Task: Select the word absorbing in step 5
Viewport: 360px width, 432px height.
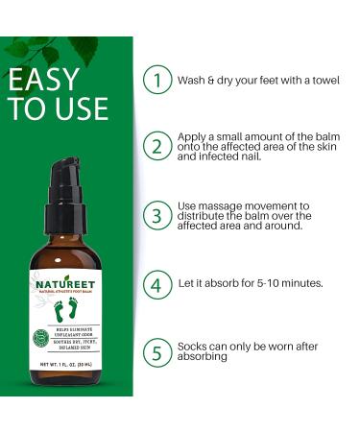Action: pyautogui.click(x=208, y=358)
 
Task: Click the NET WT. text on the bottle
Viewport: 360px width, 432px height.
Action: pyautogui.click(x=60, y=370)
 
